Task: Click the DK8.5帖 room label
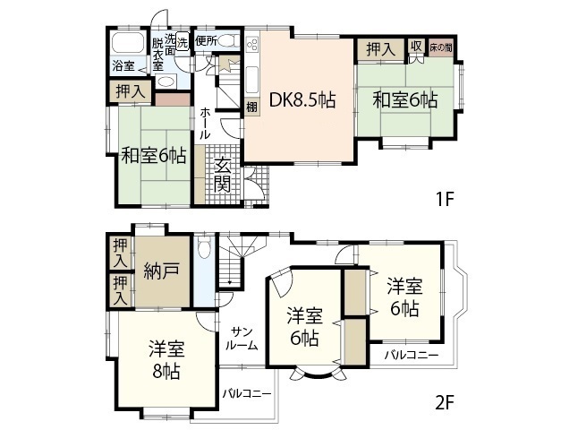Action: [298, 99]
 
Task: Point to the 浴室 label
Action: [123, 66]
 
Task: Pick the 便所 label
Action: [207, 39]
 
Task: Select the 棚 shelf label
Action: [252, 106]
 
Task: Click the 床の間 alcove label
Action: [440, 47]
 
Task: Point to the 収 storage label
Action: [417, 47]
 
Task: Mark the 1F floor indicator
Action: [445, 200]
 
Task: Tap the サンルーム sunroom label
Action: [242, 337]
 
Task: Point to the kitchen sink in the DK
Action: [252, 77]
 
